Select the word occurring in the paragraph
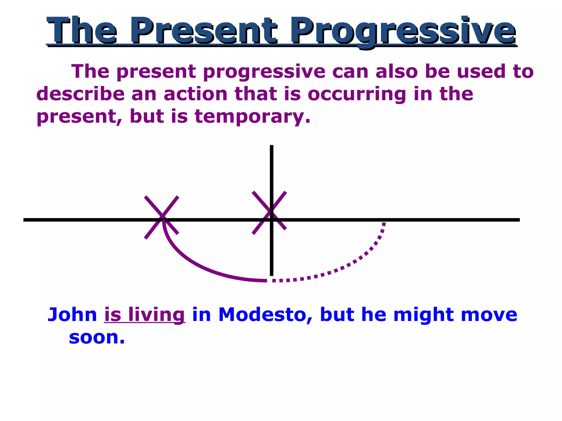pyautogui.click(x=357, y=94)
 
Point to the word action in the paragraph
pyautogui.click(x=195, y=94)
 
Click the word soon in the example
pyautogui.click(x=97, y=337)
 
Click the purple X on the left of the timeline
pyautogui.click(x=162, y=217)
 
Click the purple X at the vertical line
pyautogui.click(x=269, y=213)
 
